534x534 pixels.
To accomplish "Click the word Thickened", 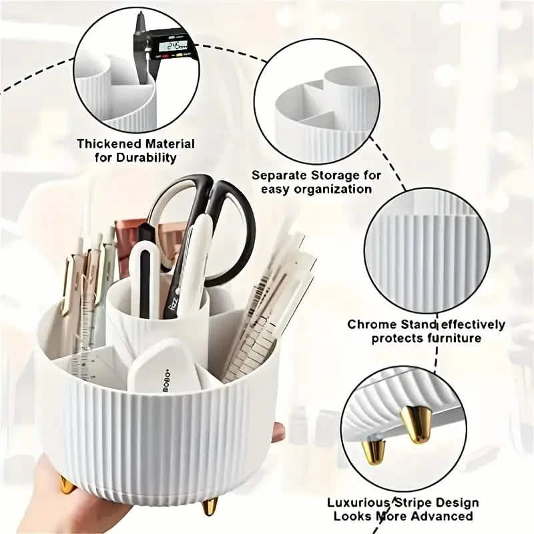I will [107, 144].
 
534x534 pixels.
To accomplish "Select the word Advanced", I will [444, 516].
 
